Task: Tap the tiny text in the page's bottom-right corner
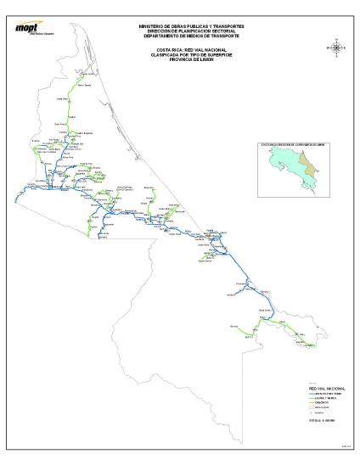pyautogui.click(x=346, y=447)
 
